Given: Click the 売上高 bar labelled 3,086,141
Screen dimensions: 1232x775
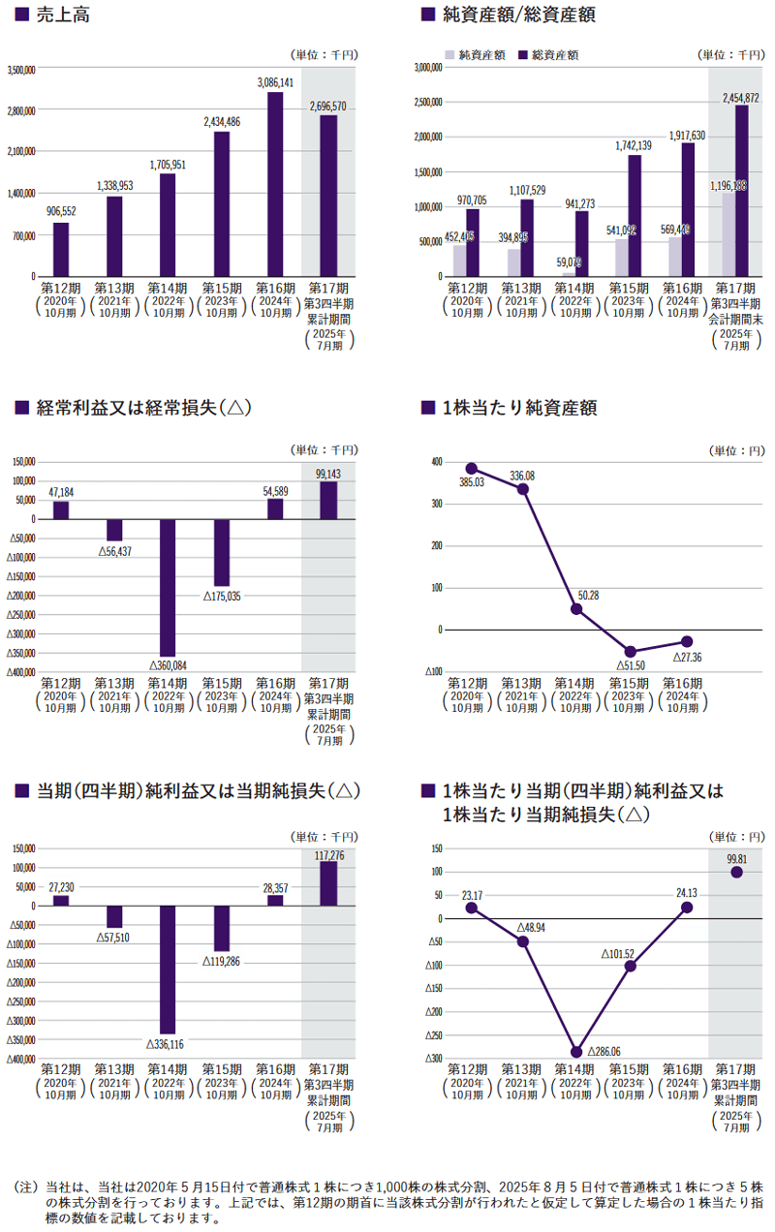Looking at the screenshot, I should pos(275,184).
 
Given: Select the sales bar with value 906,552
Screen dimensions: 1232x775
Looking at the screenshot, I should pos(60,249).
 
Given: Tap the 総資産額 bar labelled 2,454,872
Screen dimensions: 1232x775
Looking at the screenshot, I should pos(741,190).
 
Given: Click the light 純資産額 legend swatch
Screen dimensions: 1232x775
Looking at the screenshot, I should pos(450,55).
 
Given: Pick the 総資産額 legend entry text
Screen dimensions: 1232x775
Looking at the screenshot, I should pos(555,55).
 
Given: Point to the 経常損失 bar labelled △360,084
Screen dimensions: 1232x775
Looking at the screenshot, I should pos(168,588).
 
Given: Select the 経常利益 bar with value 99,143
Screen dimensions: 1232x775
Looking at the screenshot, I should pos(328,500).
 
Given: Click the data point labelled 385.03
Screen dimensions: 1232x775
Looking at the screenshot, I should pos(472,469).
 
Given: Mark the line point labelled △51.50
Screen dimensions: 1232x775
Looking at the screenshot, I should pos(631,652).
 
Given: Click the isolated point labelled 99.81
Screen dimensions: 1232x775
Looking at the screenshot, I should pos(736,872).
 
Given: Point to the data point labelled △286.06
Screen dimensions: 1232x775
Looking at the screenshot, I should pos(577,1052).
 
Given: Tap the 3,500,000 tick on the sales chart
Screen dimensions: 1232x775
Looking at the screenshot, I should pos(21,70).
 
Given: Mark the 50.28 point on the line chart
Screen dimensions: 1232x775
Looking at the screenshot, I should pos(576,609).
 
